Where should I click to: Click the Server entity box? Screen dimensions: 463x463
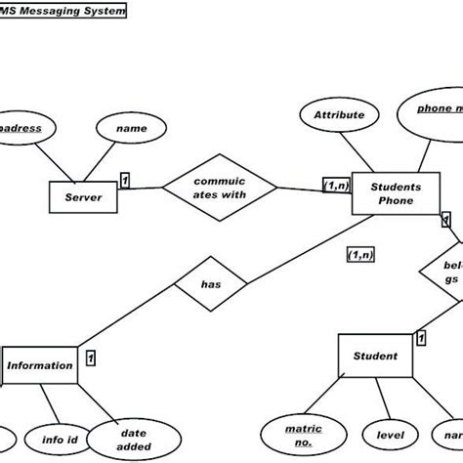tap(83, 197)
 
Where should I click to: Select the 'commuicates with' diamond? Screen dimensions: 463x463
tap(219, 188)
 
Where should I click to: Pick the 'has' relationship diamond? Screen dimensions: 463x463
tap(210, 285)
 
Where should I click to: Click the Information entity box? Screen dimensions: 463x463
tap(40, 366)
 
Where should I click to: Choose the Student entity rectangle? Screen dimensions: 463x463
tap(376, 357)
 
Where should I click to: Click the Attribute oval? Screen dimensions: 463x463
tap(338, 115)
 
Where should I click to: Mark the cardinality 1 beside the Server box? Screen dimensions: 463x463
tap(124, 180)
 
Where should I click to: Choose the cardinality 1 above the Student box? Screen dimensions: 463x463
tap(421, 338)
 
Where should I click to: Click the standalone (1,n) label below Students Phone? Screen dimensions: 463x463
tap(360, 254)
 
